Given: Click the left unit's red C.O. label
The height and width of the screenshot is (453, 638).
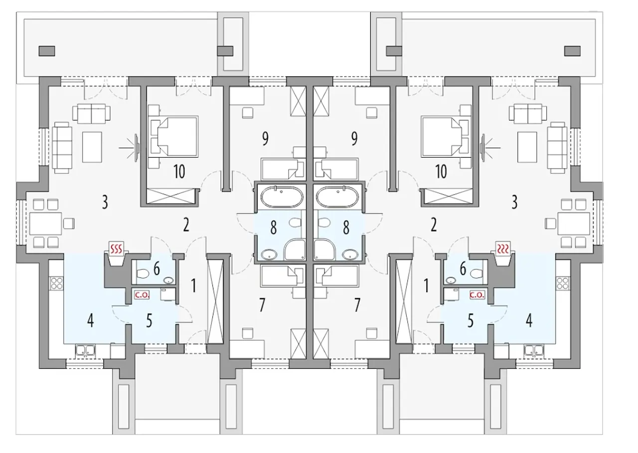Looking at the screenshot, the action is pyautogui.click(x=142, y=295).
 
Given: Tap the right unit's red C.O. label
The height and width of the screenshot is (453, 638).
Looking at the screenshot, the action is pyautogui.click(x=477, y=295).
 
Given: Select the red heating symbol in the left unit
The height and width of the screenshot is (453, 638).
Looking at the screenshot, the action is pyautogui.click(x=117, y=249).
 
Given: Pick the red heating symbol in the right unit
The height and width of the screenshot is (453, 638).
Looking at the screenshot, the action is pyautogui.click(x=503, y=249).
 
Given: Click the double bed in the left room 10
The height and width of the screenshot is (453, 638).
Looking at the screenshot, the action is pyautogui.click(x=174, y=136).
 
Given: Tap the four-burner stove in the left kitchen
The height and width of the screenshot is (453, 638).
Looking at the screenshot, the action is pyautogui.click(x=57, y=283).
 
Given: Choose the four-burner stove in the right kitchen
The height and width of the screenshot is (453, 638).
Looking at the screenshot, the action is pyautogui.click(x=563, y=283).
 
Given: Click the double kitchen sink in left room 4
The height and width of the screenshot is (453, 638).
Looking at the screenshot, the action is pyautogui.click(x=85, y=350).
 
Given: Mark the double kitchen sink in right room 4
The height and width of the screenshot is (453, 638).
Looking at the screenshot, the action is pyautogui.click(x=534, y=350).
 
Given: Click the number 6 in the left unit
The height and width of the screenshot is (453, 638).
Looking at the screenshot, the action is pyautogui.click(x=157, y=268).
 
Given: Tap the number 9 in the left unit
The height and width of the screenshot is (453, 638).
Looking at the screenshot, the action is pyautogui.click(x=265, y=139).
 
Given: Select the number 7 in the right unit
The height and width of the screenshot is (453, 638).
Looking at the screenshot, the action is pyautogui.click(x=357, y=304).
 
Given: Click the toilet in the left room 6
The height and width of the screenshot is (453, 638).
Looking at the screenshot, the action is pyautogui.click(x=143, y=274).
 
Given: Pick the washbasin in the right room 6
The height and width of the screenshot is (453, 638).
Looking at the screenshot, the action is pyautogui.click(x=450, y=280).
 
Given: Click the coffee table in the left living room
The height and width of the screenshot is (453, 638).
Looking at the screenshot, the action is pyautogui.click(x=92, y=147).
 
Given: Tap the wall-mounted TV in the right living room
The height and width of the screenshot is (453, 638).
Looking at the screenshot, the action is pyautogui.click(x=483, y=148).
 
